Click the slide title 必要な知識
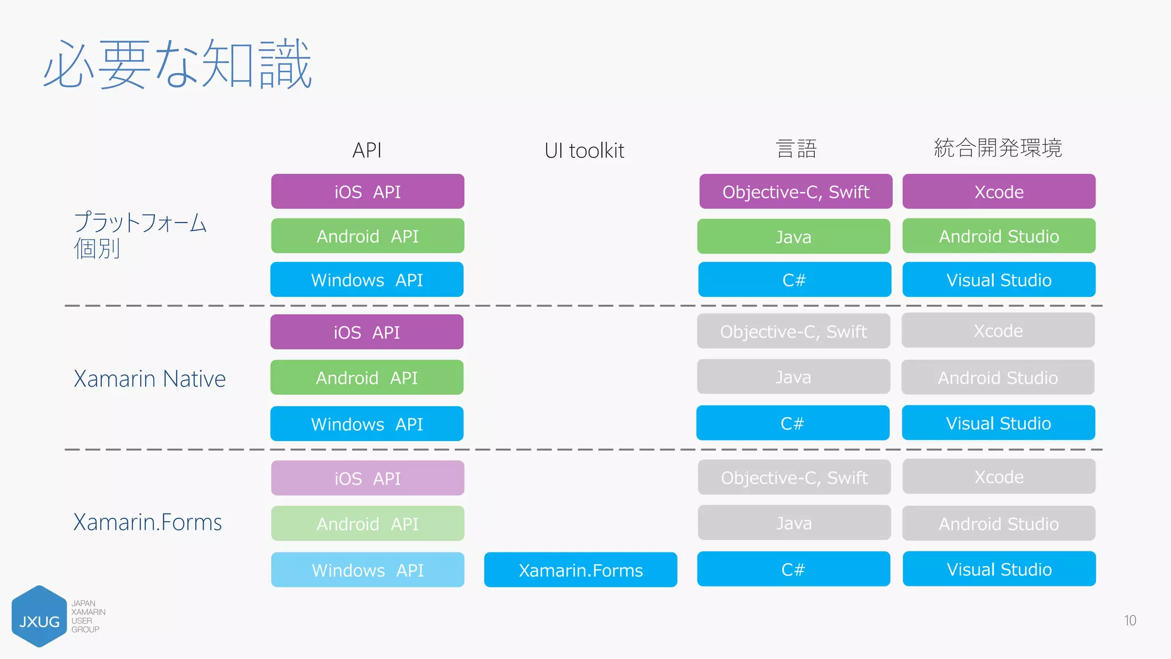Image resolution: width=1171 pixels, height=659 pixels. [177, 64]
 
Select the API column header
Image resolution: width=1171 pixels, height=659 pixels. [367, 150]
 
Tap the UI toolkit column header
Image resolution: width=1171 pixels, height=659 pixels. [584, 150]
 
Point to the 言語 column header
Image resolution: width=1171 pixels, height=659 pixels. [796, 149]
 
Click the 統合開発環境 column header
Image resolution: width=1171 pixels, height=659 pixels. [998, 148]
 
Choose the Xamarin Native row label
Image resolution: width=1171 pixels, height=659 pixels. [149, 379]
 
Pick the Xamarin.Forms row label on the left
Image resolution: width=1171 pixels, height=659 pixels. [148, 522]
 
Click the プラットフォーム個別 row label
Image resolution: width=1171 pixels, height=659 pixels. [140, 235]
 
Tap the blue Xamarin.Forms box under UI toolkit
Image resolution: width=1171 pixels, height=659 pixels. [580, 570]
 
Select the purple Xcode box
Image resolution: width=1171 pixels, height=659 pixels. [999, 192]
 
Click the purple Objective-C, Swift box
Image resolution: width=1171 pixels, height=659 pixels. [795, 192]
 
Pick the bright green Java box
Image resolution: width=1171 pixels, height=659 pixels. [793, 236]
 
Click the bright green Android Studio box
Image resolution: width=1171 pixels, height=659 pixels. [999, 236]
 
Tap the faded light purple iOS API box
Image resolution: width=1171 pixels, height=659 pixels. [367, 478]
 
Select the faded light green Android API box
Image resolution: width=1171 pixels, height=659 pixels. [367, 523]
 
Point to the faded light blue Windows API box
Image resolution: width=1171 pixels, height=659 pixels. [367, 570]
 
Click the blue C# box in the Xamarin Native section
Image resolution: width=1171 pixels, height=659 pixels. [792, 423]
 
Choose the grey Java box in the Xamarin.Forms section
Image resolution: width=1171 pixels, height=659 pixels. [794, 523]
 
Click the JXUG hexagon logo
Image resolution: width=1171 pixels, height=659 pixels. [39, 617]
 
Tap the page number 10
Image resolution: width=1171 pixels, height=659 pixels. [1130, 621]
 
